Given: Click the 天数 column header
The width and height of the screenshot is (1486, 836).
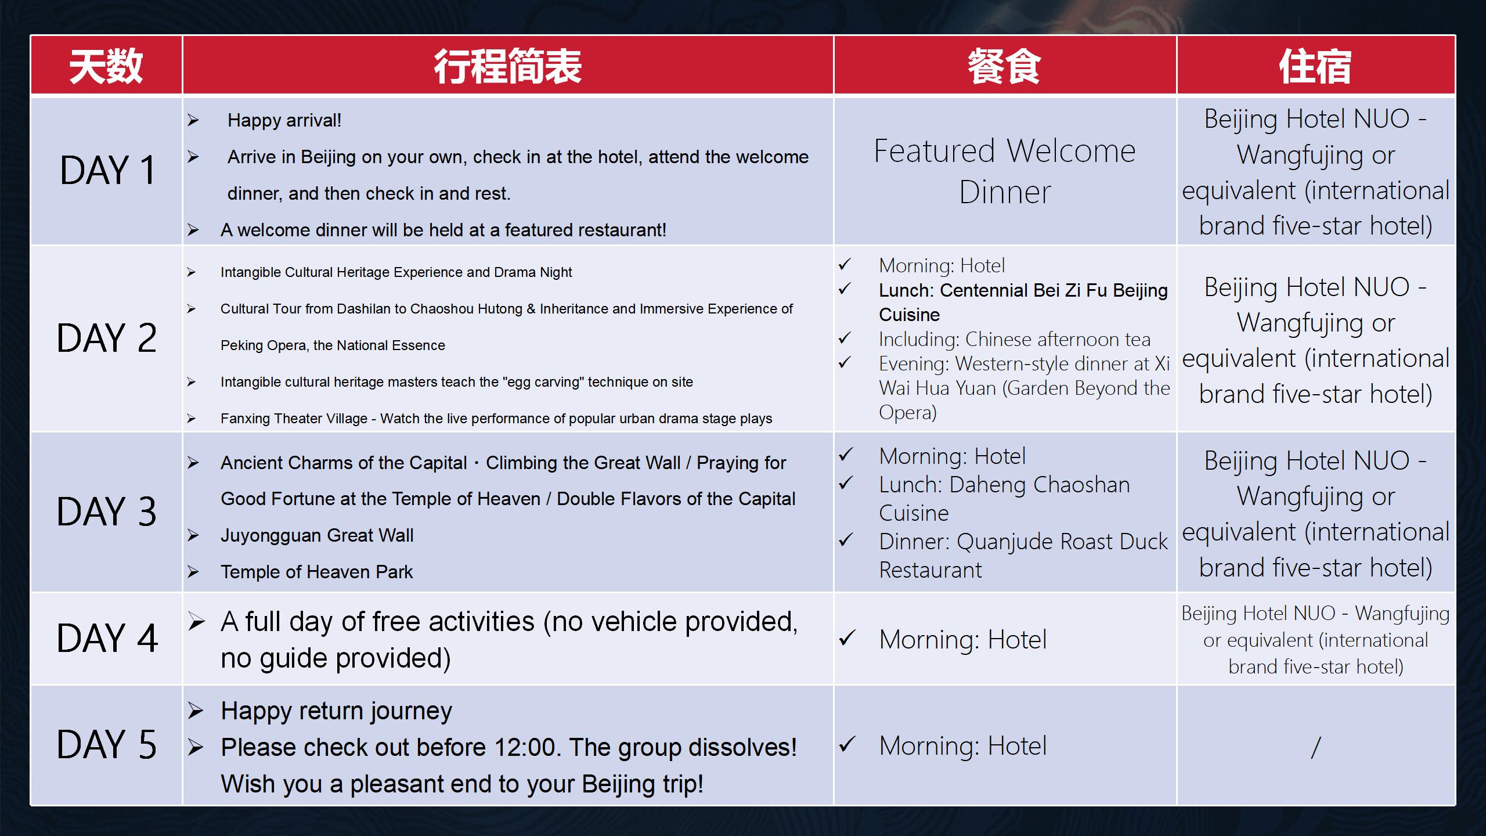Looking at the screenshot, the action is click(106, 66).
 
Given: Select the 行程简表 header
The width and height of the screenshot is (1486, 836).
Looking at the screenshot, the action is click(508, 66).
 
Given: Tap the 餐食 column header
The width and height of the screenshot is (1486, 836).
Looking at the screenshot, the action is click(1004, 66).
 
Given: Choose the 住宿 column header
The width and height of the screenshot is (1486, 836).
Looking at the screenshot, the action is click(1315, 66).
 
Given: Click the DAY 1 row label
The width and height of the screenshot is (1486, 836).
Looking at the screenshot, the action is click(108, 171).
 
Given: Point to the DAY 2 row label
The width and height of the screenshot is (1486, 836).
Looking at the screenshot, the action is click(107, 338).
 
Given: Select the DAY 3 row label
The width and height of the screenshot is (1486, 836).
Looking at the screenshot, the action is click(107, 512).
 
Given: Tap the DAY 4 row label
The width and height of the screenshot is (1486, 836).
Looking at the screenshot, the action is click(107, 639).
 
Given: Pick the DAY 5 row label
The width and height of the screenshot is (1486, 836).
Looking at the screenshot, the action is click(107, 745).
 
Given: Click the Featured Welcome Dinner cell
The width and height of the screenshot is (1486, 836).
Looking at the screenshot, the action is click(1005, 171).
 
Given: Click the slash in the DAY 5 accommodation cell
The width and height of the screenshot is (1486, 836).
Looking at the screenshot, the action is click(1316, 747).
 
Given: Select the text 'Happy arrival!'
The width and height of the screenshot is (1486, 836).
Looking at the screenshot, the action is click(284, 120).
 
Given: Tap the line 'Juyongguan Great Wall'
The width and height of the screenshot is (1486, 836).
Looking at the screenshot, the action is click(317, 535).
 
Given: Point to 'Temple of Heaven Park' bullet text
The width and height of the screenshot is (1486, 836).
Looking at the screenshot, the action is click(317, 572).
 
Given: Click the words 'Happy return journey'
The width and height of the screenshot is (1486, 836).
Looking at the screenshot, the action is click(336, 711).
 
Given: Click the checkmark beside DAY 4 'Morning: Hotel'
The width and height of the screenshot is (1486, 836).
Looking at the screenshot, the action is click(847, 639).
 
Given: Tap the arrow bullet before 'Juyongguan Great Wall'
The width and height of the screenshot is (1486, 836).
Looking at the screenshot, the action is click(193, 535).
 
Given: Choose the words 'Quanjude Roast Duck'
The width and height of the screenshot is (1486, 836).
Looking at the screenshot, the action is click(1062, 542).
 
